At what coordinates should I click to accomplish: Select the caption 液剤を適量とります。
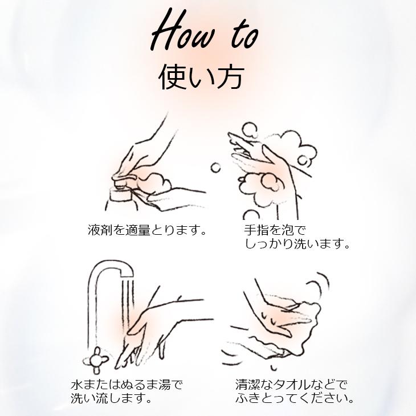(147, 231)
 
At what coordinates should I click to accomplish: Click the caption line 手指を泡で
(275, 230)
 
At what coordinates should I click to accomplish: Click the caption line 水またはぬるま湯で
(127, 385)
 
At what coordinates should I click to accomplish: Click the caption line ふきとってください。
(297, 398)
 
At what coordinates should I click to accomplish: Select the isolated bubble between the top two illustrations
(216, 167)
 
